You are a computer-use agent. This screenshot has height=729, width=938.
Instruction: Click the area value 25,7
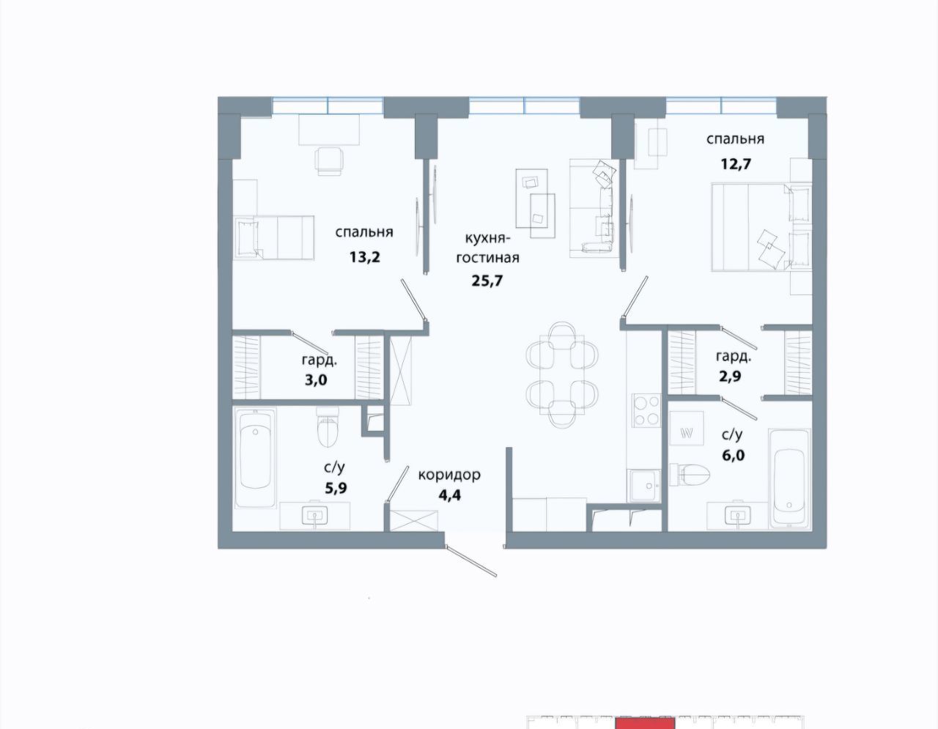487,281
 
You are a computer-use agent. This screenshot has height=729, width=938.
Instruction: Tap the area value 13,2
365,257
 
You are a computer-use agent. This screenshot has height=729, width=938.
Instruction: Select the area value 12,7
736,164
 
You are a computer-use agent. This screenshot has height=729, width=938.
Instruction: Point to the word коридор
449,475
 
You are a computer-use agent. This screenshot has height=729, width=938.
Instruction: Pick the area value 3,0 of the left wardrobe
316,380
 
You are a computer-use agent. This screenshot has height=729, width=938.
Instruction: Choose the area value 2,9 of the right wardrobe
730,376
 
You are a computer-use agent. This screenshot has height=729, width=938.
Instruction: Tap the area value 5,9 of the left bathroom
336,488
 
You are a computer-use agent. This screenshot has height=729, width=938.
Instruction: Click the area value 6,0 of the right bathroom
733,455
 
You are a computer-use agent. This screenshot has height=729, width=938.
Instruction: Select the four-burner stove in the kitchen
646,410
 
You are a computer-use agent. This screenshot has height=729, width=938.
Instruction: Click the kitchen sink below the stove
645,486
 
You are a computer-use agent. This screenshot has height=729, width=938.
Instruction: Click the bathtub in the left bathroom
255,458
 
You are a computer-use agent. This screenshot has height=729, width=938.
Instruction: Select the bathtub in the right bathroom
789,478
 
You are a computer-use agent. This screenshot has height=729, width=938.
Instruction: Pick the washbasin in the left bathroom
314,515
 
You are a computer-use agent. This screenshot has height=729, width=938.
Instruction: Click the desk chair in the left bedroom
330,161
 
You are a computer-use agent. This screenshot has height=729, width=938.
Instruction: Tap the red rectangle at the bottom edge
645,723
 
